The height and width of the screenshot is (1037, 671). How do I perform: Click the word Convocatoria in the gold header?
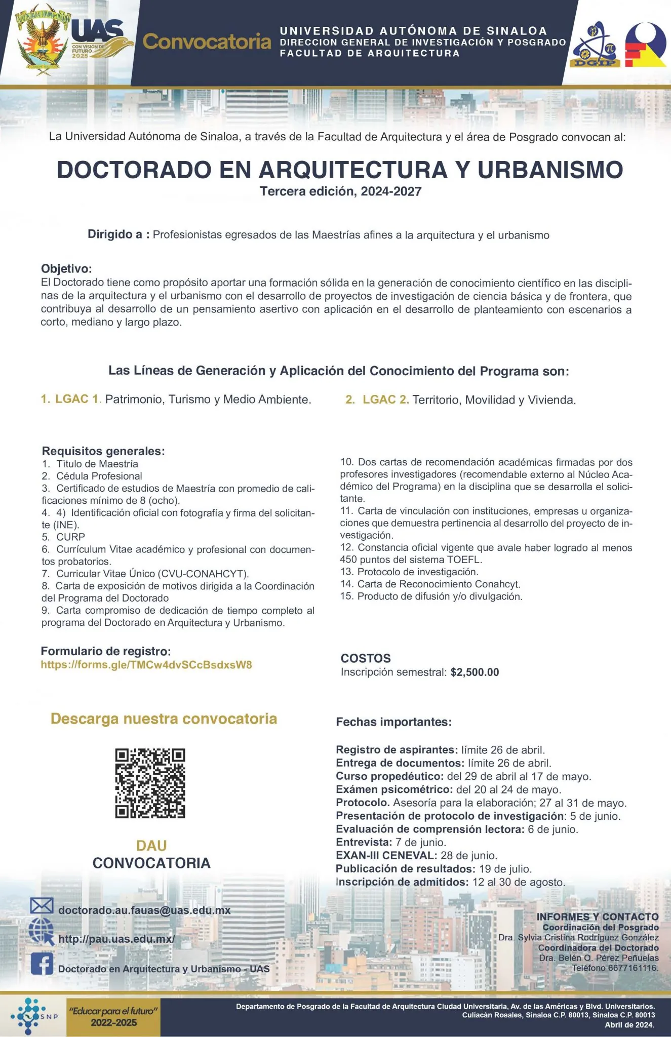click(207, 42)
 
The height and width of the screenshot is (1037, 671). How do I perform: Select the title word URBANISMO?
click(550, 170)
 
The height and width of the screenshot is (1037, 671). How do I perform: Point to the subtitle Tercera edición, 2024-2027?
click(340, 191)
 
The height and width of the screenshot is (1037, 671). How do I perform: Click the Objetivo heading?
click(66, 268)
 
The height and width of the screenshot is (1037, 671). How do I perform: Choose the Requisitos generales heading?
click(103, 451)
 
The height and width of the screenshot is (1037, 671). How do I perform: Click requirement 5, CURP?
click(70, 537)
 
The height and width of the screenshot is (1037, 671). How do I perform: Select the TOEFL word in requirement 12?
click(464, 560)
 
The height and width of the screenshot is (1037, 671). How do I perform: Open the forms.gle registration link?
click(146, 665)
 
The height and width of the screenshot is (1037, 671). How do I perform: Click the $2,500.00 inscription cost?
click(475, 672)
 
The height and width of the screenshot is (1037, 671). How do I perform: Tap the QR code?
click(150, 783)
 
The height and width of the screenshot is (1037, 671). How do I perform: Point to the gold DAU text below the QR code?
click(151, 845)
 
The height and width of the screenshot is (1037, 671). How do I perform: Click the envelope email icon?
click(42, 905)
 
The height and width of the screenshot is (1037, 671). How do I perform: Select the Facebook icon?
click(42, 963)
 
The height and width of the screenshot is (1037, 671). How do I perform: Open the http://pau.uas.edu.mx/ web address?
click(116, 939)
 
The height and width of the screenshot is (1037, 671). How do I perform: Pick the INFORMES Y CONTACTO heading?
click(598, 916)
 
